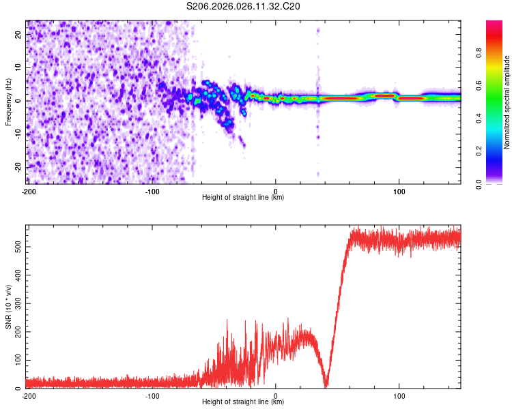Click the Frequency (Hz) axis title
8,102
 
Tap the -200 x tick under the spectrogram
29,190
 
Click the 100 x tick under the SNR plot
399,395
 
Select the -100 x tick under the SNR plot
152,395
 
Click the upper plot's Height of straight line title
243,198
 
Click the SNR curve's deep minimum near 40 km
326,387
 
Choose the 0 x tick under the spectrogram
276,190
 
